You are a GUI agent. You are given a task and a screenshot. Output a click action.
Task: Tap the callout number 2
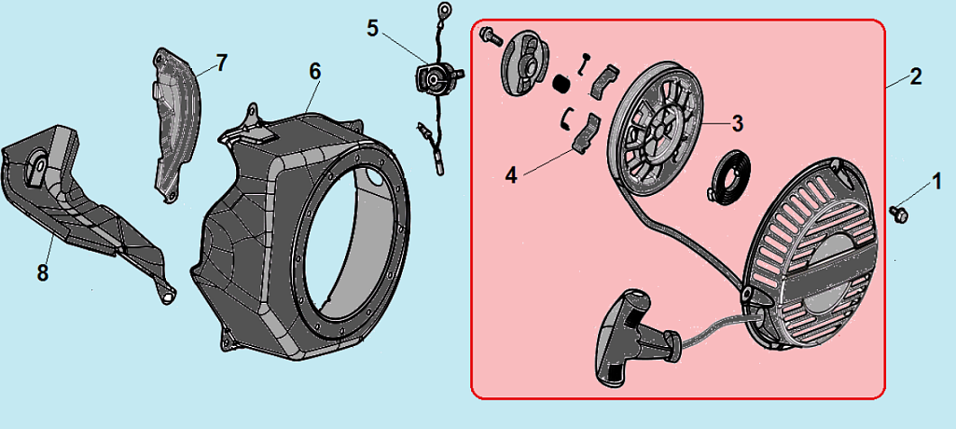click(915, 76)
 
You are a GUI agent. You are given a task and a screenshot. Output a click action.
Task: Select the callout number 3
click(738, 123)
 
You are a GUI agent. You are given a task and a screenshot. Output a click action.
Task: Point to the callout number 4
click(511, 175)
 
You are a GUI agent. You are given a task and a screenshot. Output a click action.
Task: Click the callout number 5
click(372, 29)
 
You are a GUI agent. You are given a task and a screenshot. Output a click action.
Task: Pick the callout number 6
click(314, 72)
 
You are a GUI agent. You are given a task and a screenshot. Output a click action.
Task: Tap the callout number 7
click(221, 62)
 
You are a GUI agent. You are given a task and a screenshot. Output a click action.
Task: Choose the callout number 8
click(42, 273)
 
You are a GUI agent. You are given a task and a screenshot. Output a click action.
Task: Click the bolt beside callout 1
click(898, 214)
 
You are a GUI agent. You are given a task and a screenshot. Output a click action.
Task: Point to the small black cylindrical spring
click(561, 84)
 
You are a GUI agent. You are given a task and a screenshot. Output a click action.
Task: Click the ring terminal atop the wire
click(445, 9)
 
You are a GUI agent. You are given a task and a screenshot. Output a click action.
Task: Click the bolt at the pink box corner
click(490, 35)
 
